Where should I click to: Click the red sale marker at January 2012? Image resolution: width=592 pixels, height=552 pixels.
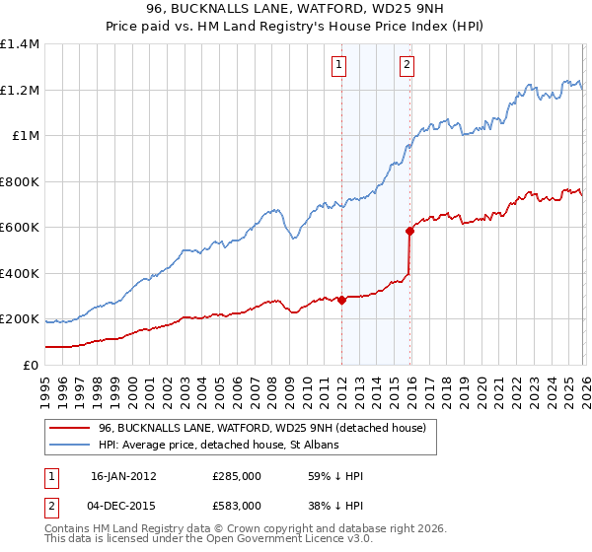341,300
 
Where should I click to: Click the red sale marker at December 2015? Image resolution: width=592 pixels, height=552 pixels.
409,231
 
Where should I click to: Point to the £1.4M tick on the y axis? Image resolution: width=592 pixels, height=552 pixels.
20,44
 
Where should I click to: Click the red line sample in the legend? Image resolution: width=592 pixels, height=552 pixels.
69,428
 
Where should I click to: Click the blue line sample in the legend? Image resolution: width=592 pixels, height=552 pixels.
69,446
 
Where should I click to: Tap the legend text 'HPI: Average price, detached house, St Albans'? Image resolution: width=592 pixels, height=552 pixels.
218,446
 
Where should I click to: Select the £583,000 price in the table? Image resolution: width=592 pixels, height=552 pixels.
237,505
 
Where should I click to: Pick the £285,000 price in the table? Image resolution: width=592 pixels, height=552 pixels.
237,476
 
